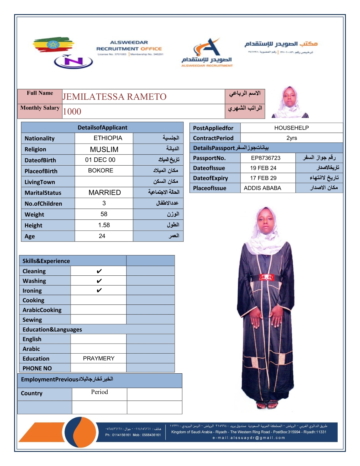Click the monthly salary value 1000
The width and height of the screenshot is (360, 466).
pyautogui.click(x=72, y=111)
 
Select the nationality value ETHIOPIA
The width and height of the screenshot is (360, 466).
pyautogui.click(x=108, y=138)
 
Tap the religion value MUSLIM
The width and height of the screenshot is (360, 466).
pyautogui.click(x=104, y=149)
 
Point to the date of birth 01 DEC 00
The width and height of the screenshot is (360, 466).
pyautogui.click(x=100, y=160)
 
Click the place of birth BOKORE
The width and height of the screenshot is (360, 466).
pyautogui.click(x=101, y=171)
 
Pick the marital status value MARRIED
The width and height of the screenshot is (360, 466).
pyautogui.click(x=104, y=192)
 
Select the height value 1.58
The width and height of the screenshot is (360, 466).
pyautogui.click(x=104, y=225)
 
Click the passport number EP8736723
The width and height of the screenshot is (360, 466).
pyautogui.click(x=266, y=158)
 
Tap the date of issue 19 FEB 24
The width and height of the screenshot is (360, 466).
pyautogui.click(x=263, y=168)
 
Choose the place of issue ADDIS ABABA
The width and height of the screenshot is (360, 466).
pyautogui.click(x=262, y=188)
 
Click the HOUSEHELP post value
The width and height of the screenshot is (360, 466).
pyautogui.click(x=291, y=128)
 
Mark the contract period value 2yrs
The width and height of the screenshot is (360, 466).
pyautogui.click(x=291, y=138)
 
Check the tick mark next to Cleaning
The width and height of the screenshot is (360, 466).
pyautogui.click(x=99, y=271)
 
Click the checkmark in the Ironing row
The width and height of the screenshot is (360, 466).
pyautogui.click(x=99, y=290)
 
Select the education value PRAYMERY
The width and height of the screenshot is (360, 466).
pyautogui.click(x=99, y=358)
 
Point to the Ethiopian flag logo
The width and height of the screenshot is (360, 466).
pyautogui.click(x=53, y=45)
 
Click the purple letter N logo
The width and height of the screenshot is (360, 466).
pyautogui.click(x=73, y=61)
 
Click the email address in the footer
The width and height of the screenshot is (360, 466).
pyautogui.click(x=249, y=438)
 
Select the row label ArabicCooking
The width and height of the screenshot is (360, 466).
pyautogui.click(x=42, y=310)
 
